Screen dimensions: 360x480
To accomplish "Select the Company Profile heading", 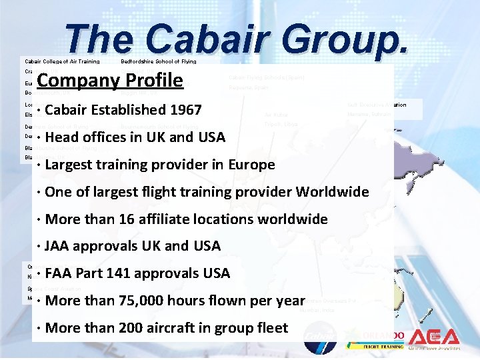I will [x=110, y=81].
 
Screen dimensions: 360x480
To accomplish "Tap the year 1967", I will [x=181, y=110].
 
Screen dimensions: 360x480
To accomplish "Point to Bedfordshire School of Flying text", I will [x=158, y=61].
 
